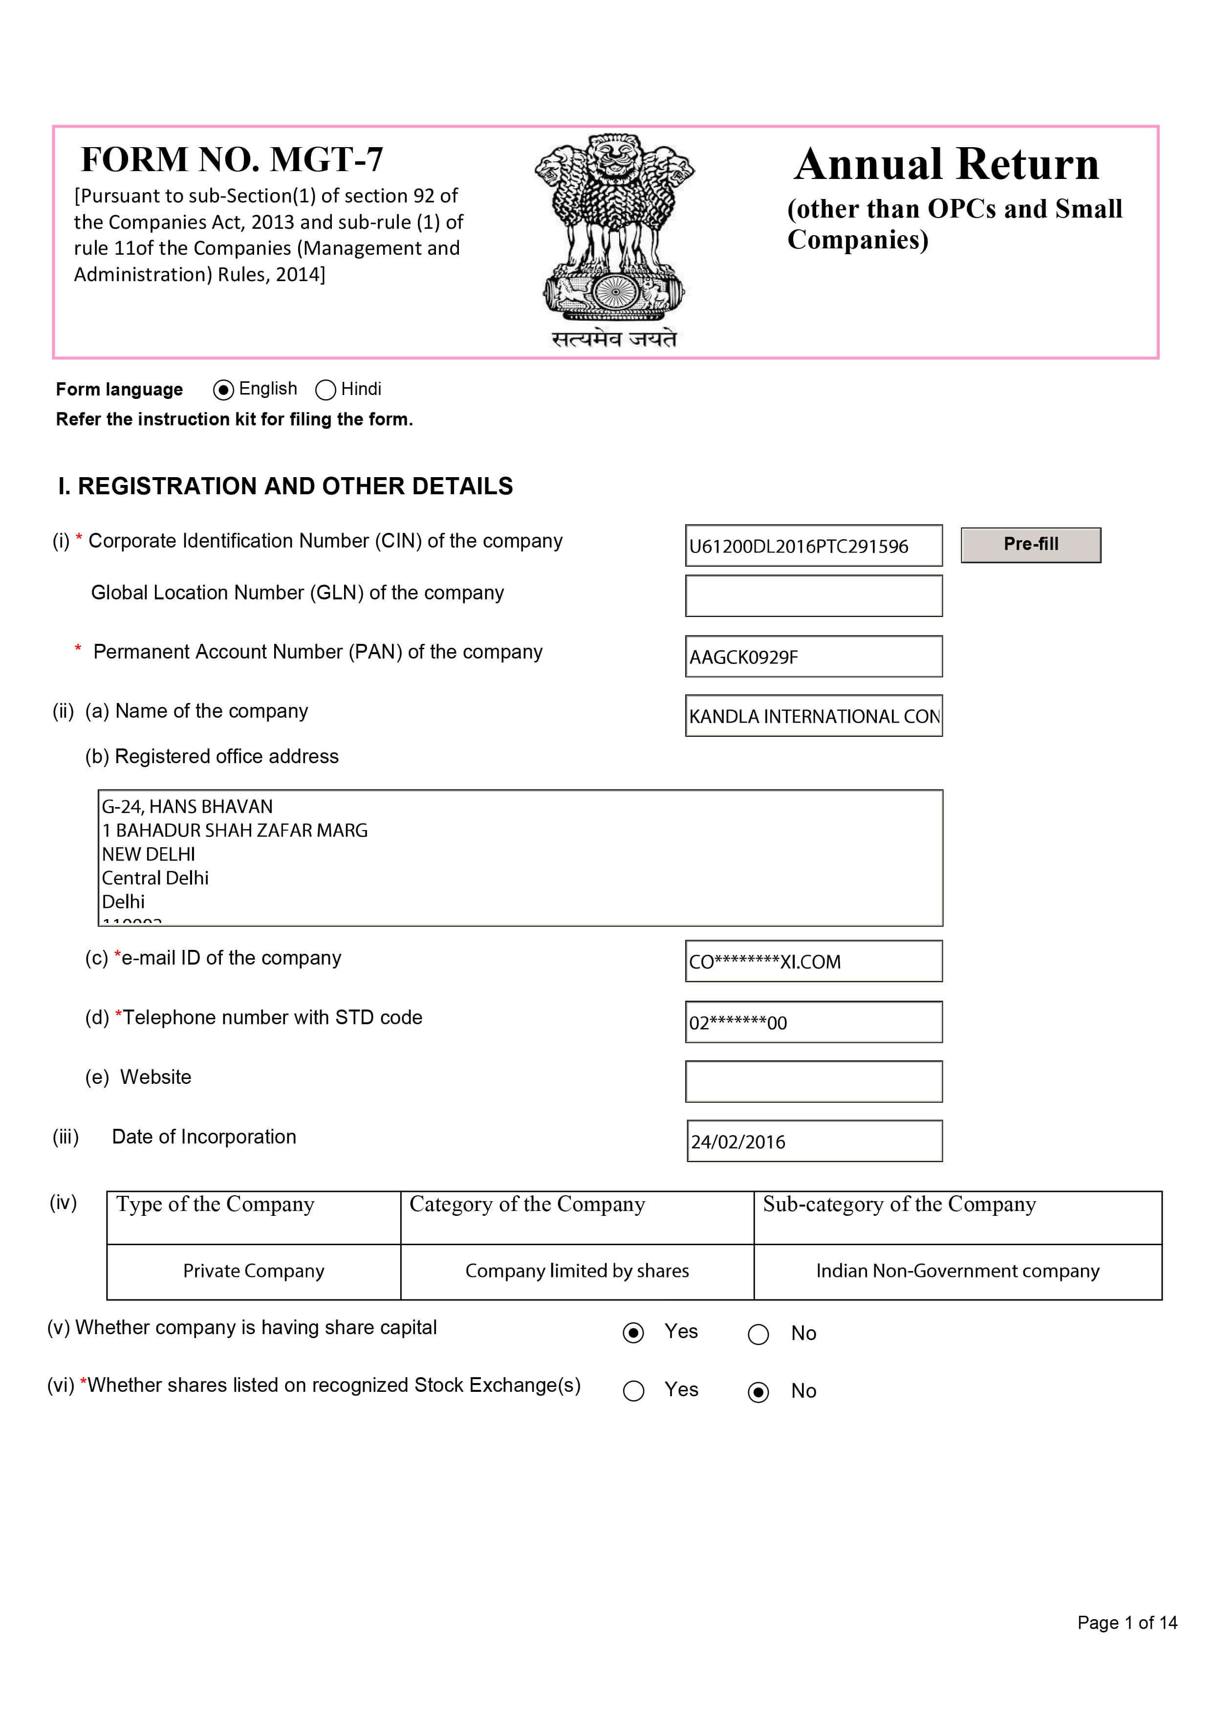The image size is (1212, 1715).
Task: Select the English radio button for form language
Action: point(222,390)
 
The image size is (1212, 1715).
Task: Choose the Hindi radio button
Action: point(325,390)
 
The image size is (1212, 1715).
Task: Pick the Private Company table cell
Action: point(254,1271)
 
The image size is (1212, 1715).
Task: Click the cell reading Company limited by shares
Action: point(577,1271)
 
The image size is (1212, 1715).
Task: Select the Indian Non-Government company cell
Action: point(957,1271)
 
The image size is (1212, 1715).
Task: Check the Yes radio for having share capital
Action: point(633,1333)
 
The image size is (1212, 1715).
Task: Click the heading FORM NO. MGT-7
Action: point(232,159)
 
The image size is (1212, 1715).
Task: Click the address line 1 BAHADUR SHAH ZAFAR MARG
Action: point(235,831)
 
